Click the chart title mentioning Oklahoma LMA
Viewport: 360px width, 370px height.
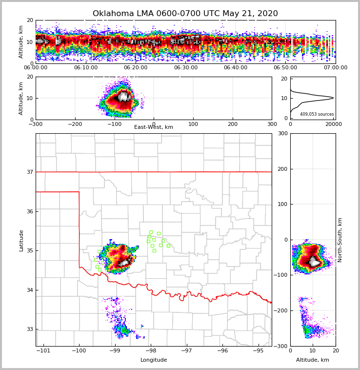185,14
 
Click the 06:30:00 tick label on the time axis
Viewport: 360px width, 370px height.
185,68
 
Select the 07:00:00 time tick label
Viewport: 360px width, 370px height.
335,68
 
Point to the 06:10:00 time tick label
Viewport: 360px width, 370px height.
86,68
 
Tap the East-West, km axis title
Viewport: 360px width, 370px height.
154,127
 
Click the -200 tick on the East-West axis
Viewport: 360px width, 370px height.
75,124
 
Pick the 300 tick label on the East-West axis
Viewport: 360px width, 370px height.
272,124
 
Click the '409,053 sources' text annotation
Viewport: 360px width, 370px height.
317,114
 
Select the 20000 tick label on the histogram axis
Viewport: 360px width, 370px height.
334,124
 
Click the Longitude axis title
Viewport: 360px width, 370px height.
154,360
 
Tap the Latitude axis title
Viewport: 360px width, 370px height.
21,240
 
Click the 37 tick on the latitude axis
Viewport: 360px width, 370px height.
30,172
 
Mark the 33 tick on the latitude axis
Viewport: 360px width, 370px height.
30,329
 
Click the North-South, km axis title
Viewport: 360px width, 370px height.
340,240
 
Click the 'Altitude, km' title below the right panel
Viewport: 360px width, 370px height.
313,360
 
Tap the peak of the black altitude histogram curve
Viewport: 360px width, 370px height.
333,98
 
